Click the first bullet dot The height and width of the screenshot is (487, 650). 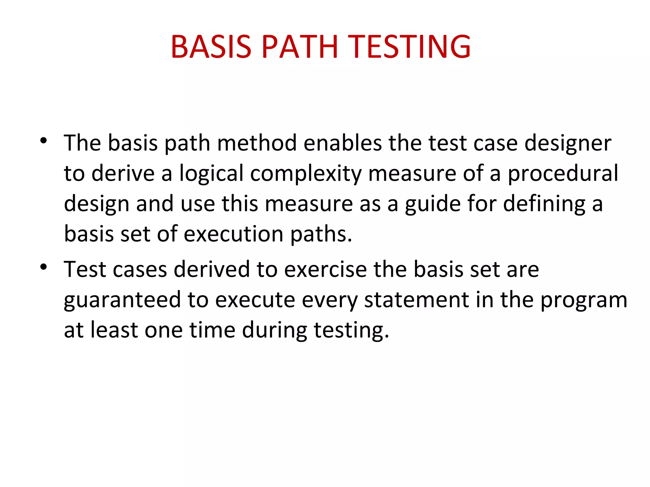coord(43,140)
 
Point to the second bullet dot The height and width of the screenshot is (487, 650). coord(43,267)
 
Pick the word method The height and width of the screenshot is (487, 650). coord(257,143)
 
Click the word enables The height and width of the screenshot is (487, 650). coord(342,143)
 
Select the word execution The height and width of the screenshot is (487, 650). coord(233,234)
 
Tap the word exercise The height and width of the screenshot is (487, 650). coord(325,269)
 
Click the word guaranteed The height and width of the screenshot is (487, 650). coord(122,300)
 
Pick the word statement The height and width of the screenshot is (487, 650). coord(416,300)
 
